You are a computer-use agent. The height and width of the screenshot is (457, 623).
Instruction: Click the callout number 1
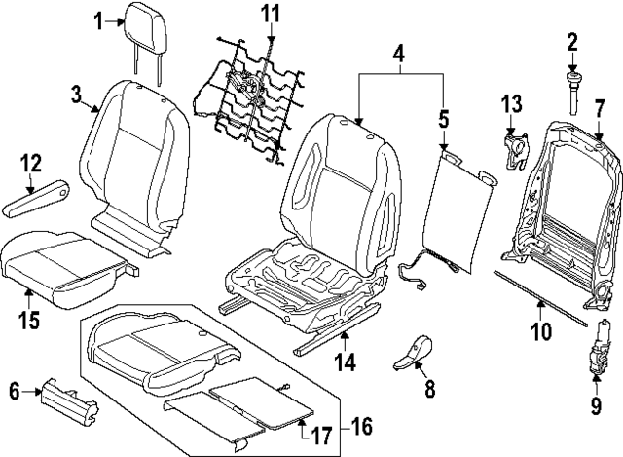(99, 19)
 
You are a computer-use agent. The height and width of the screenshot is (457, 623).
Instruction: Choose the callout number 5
(443, 120)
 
